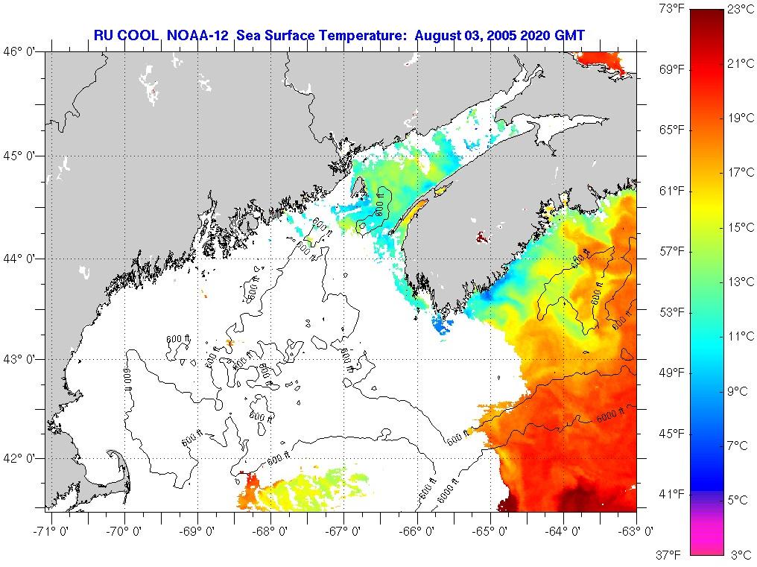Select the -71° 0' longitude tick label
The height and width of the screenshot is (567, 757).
49,531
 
